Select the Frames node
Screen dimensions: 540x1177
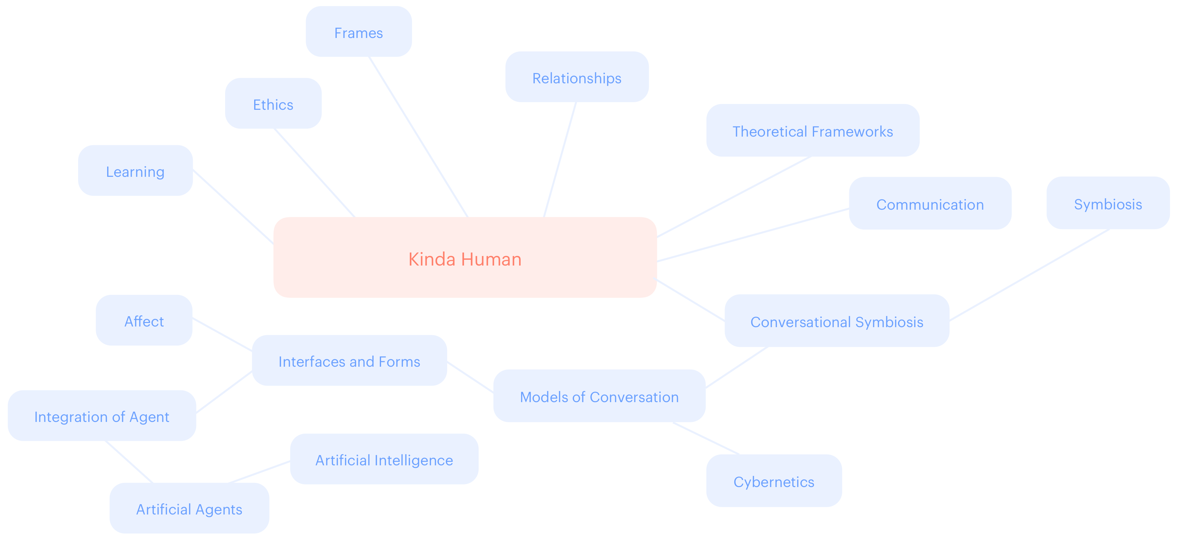coord(359,32)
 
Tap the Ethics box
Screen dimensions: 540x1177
coord(273,104)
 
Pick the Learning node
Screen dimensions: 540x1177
coord(135,171)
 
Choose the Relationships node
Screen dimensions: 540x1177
coord(577,77)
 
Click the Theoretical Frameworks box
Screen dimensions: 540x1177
coord(813,131)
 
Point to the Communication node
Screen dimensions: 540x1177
coord(930,204)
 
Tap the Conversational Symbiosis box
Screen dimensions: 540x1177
coord(837,321)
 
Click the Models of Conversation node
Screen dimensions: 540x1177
coord(599,396)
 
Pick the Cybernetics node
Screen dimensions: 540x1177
coord(774,481)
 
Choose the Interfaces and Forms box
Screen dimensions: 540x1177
coord(349,361)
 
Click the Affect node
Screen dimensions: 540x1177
coord(144,320)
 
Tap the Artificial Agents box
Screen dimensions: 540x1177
coord(189,508)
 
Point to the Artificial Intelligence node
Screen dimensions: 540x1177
coord(384,460)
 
